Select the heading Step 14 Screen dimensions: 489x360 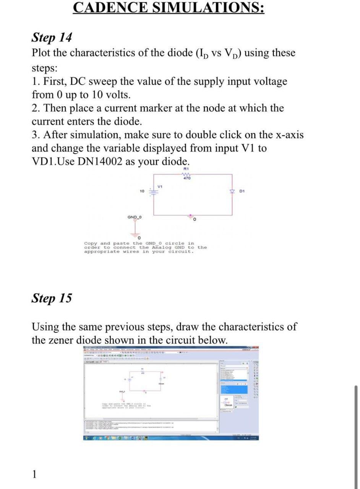[51, 38]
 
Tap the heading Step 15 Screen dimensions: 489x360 [51, 298]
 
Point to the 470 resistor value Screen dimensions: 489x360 [187, 178]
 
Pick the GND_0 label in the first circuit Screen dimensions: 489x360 [135, 217]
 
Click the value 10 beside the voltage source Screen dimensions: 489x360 [142, 191]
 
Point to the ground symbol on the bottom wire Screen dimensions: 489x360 [191, 217]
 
